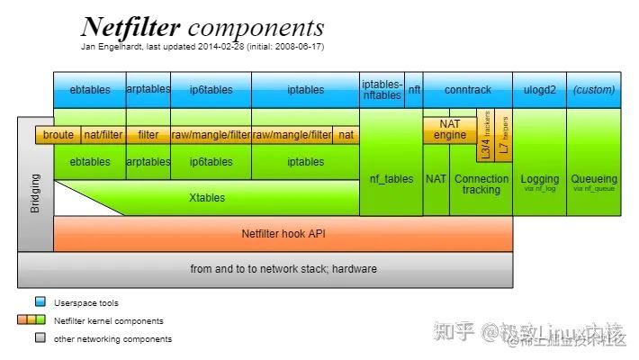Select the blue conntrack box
(468, 90)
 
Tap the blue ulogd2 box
(540, 90)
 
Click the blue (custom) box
(594, 90)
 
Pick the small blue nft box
(414, 90)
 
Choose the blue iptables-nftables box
(382, 90)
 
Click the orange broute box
(58, 135)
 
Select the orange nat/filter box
(103, 135)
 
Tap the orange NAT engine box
(450, 129)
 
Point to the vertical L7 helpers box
(504, 136)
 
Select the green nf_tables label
(391, 179)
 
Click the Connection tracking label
(481, 184)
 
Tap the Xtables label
(206, 197)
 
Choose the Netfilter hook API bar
(283, 234)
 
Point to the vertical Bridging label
(35, 193)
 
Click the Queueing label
(594, 180)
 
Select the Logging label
(540, 180)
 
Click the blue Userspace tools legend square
(40, 302)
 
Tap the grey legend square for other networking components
(40, 338)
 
